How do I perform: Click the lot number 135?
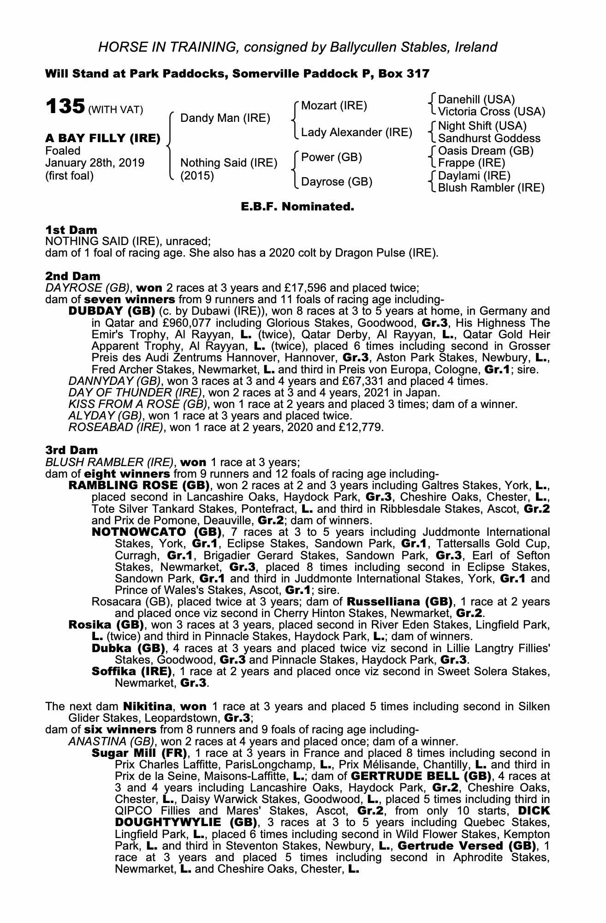(x=64, y=107)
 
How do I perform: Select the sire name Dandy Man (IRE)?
(x=225, y=118)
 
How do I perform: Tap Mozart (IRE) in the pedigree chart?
(x=334, y=106)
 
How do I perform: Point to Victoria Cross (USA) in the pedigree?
(x=492, y=112)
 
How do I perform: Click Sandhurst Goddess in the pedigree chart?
(x=489, y=138)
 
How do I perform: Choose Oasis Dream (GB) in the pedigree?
(x=486, y=151)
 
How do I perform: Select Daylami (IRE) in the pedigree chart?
(x=474, y=176)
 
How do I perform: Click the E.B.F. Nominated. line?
(x=297, y=207)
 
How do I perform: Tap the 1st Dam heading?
(x=71, y=229)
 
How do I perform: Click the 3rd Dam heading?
(x=71, y=450)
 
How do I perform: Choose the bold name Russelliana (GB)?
(x=399, y=602)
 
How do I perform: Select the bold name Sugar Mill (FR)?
(x=139, y=753)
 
